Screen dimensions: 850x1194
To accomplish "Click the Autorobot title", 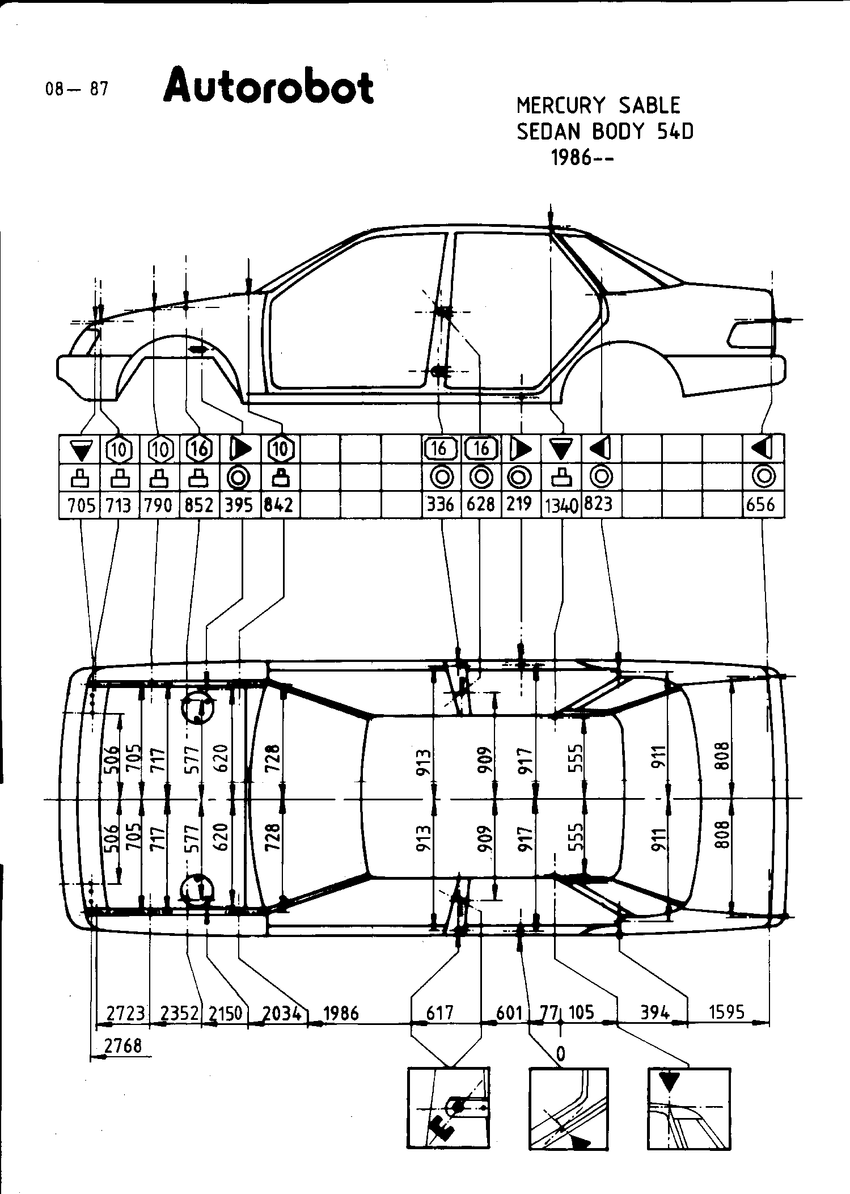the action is tap(268, 87).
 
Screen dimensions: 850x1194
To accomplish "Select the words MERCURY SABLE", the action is tap(598, 106).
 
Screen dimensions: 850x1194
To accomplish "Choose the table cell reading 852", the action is tap(198, 504).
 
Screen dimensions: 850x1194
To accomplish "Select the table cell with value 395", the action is tap(239, 504).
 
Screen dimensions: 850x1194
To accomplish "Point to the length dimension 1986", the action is tap(340, 1013).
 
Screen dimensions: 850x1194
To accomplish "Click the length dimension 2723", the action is tap(126, 1013).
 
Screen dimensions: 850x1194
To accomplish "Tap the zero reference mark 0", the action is tap(560, 1054).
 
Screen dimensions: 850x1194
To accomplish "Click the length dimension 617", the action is tap(439, 1012).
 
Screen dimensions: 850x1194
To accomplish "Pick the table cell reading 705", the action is tap(82, 504).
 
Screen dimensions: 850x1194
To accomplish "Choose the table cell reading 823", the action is tap(598, 503).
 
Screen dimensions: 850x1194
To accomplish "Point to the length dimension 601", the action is tap(509, 1012).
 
